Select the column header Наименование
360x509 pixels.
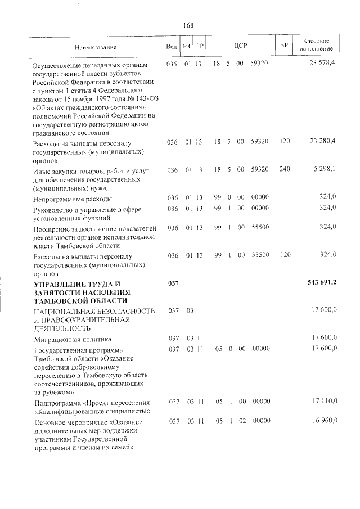point(95,48)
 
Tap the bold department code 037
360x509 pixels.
point(173,283)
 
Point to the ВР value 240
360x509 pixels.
point(284,168)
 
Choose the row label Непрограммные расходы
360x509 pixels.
point(73,199)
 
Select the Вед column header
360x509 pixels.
point(172,47)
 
